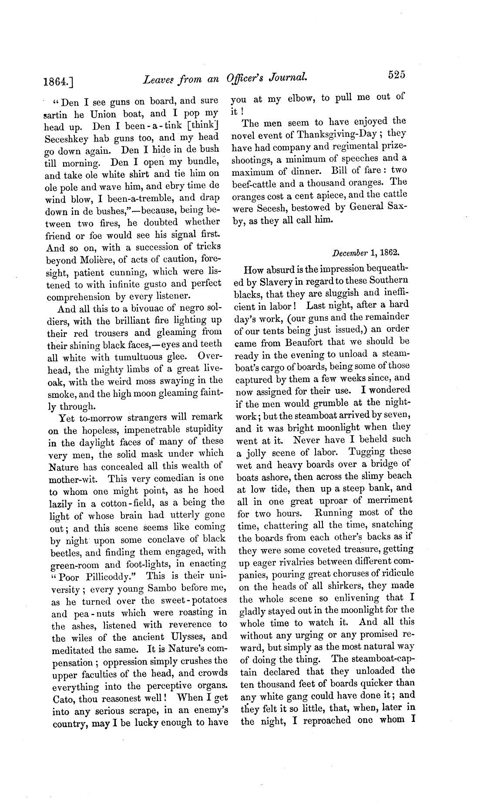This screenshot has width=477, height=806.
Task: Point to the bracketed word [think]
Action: tap(204, 126)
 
